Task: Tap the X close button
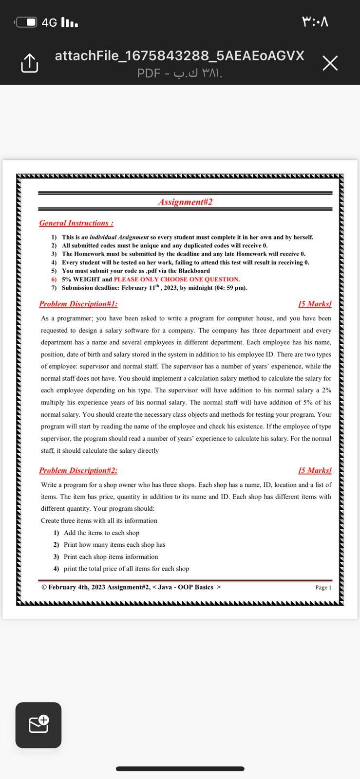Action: tap(330, 63)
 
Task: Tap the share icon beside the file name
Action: tap(29, 63)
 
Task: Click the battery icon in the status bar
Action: tap(26, 22)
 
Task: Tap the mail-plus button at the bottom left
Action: tap(38, 724)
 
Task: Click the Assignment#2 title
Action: tap(185, 202)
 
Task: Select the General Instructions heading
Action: tap(76, 223)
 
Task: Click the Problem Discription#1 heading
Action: tap(78, 304)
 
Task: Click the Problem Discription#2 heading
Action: tap(78, 470)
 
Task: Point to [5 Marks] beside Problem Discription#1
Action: tap(315, 304)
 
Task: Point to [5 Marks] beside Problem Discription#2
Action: tap(315, 470)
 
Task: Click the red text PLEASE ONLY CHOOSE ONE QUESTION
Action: tap(176, 279)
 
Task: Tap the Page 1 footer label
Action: tap(323, 588)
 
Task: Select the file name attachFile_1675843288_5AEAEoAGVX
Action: tap(179, 56)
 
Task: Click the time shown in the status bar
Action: tap(315, 22)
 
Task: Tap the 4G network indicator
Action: tap(49, 23)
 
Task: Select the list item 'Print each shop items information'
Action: tap(111, 556)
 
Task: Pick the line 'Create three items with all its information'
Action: tap(99, 520)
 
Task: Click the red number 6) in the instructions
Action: tap(54, 279)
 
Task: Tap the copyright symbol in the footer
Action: tap(44, 587)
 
